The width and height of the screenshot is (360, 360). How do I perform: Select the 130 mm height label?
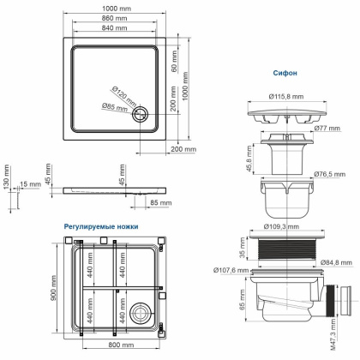pos(5,183)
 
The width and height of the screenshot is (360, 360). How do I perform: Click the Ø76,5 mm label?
pos(328,174)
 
